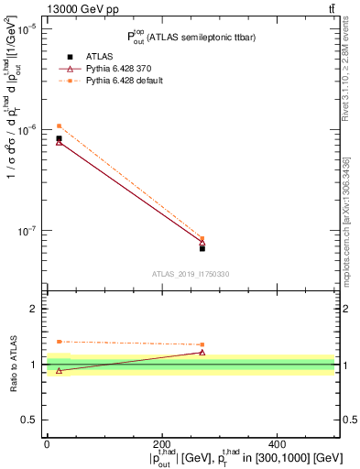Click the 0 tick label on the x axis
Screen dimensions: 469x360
point(47,442)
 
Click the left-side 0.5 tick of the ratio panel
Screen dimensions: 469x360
point(30,420)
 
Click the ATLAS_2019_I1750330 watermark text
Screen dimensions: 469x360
point(190,274)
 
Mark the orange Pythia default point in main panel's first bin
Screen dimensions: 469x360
point(59,125)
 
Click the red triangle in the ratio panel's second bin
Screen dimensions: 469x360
point(202,352)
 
